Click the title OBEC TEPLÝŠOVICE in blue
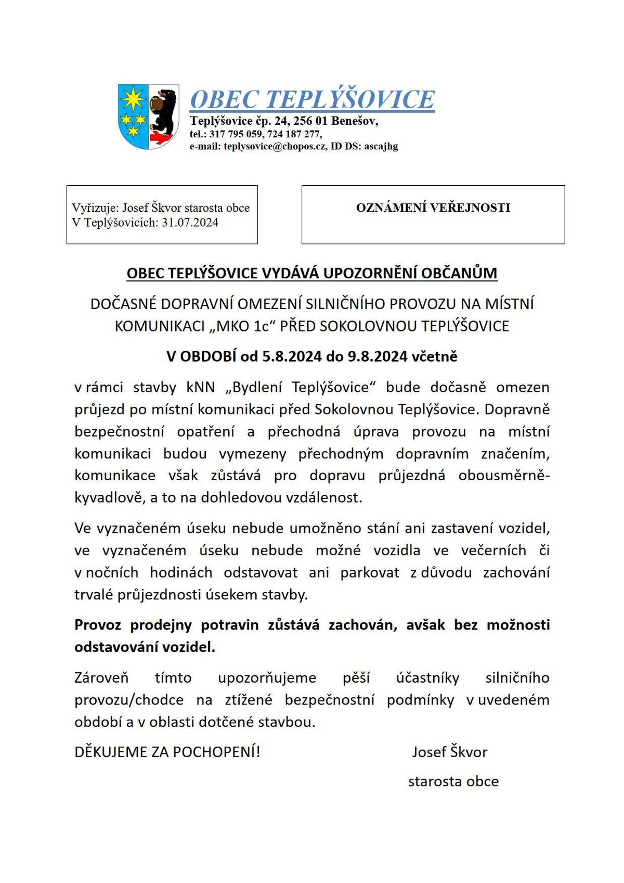tap(312, 99)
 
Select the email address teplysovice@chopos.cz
tap(275, 146)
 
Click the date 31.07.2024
tap(190, 223)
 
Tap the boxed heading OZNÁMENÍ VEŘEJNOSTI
tap(433, 208)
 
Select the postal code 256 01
tap(310, 121)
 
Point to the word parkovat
tap(370, 572)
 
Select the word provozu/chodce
tap(129, 700)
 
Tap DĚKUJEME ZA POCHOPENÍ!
tap(167, 752)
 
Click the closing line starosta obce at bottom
tap(453, 782)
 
